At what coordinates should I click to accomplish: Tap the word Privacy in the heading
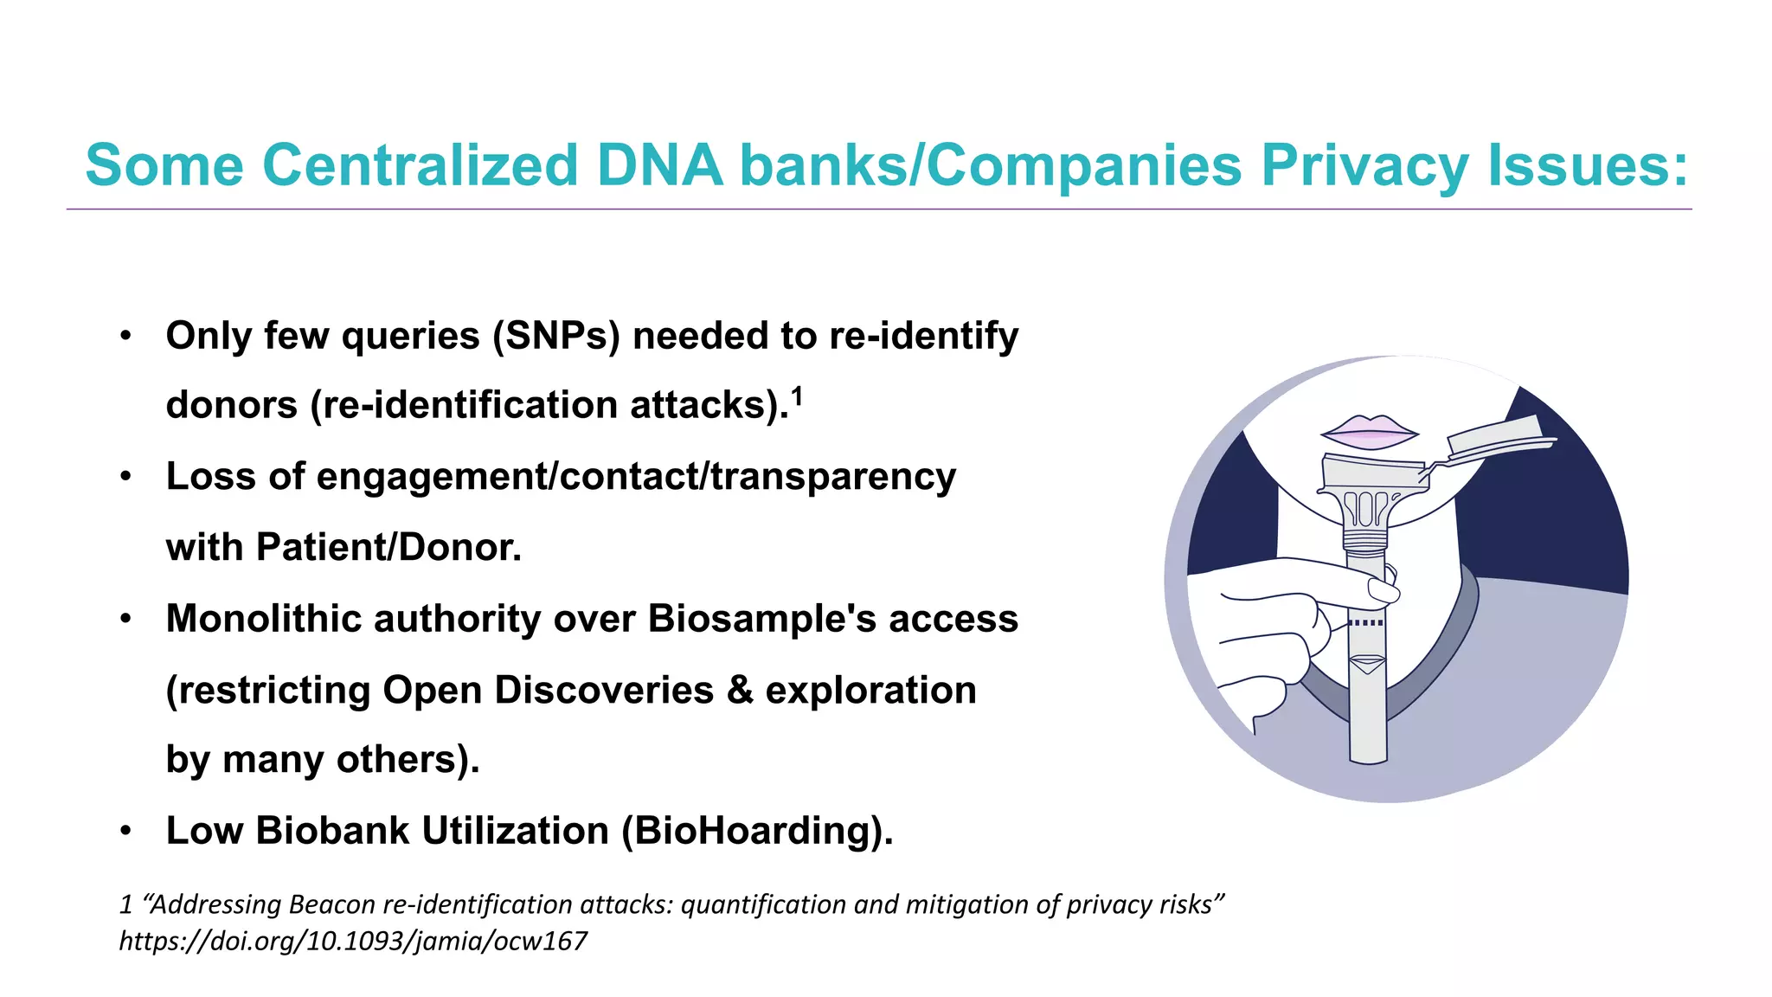[x=1364, y=164]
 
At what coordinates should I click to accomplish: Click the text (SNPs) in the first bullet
[x=556, y=336]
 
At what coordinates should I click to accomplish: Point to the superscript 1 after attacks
[x=797, y=396]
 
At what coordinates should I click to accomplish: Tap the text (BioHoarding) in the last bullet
[x=757, y=831]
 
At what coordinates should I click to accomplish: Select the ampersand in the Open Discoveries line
[x=740, y=690]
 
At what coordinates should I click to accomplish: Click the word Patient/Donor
[x=388, y=547]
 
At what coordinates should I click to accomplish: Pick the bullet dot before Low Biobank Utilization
[x=126, y=831]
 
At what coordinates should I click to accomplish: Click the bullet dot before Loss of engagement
[x=126, y=477]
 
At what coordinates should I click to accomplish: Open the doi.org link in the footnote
[x=353, y=941]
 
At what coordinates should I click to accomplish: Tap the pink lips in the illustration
[x=1369, y=430]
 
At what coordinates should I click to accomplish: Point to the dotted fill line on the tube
[x=1366, y=623]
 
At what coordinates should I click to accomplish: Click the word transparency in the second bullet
[x=833, y=477]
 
